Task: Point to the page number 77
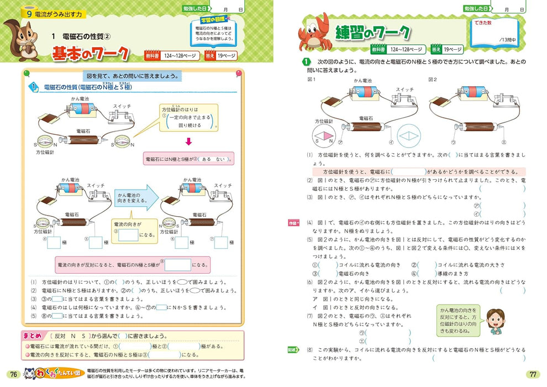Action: click(x=533, y=374)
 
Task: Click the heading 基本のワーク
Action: click(x=91, y=54)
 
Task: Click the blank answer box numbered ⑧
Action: click(x=177, y=264)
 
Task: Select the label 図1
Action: click(x=311, y=80)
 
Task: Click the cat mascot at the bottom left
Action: click(x=37, y=374)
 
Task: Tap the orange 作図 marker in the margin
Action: click(x=293, y=223)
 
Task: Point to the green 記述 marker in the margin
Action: click(x=293, y=350)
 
